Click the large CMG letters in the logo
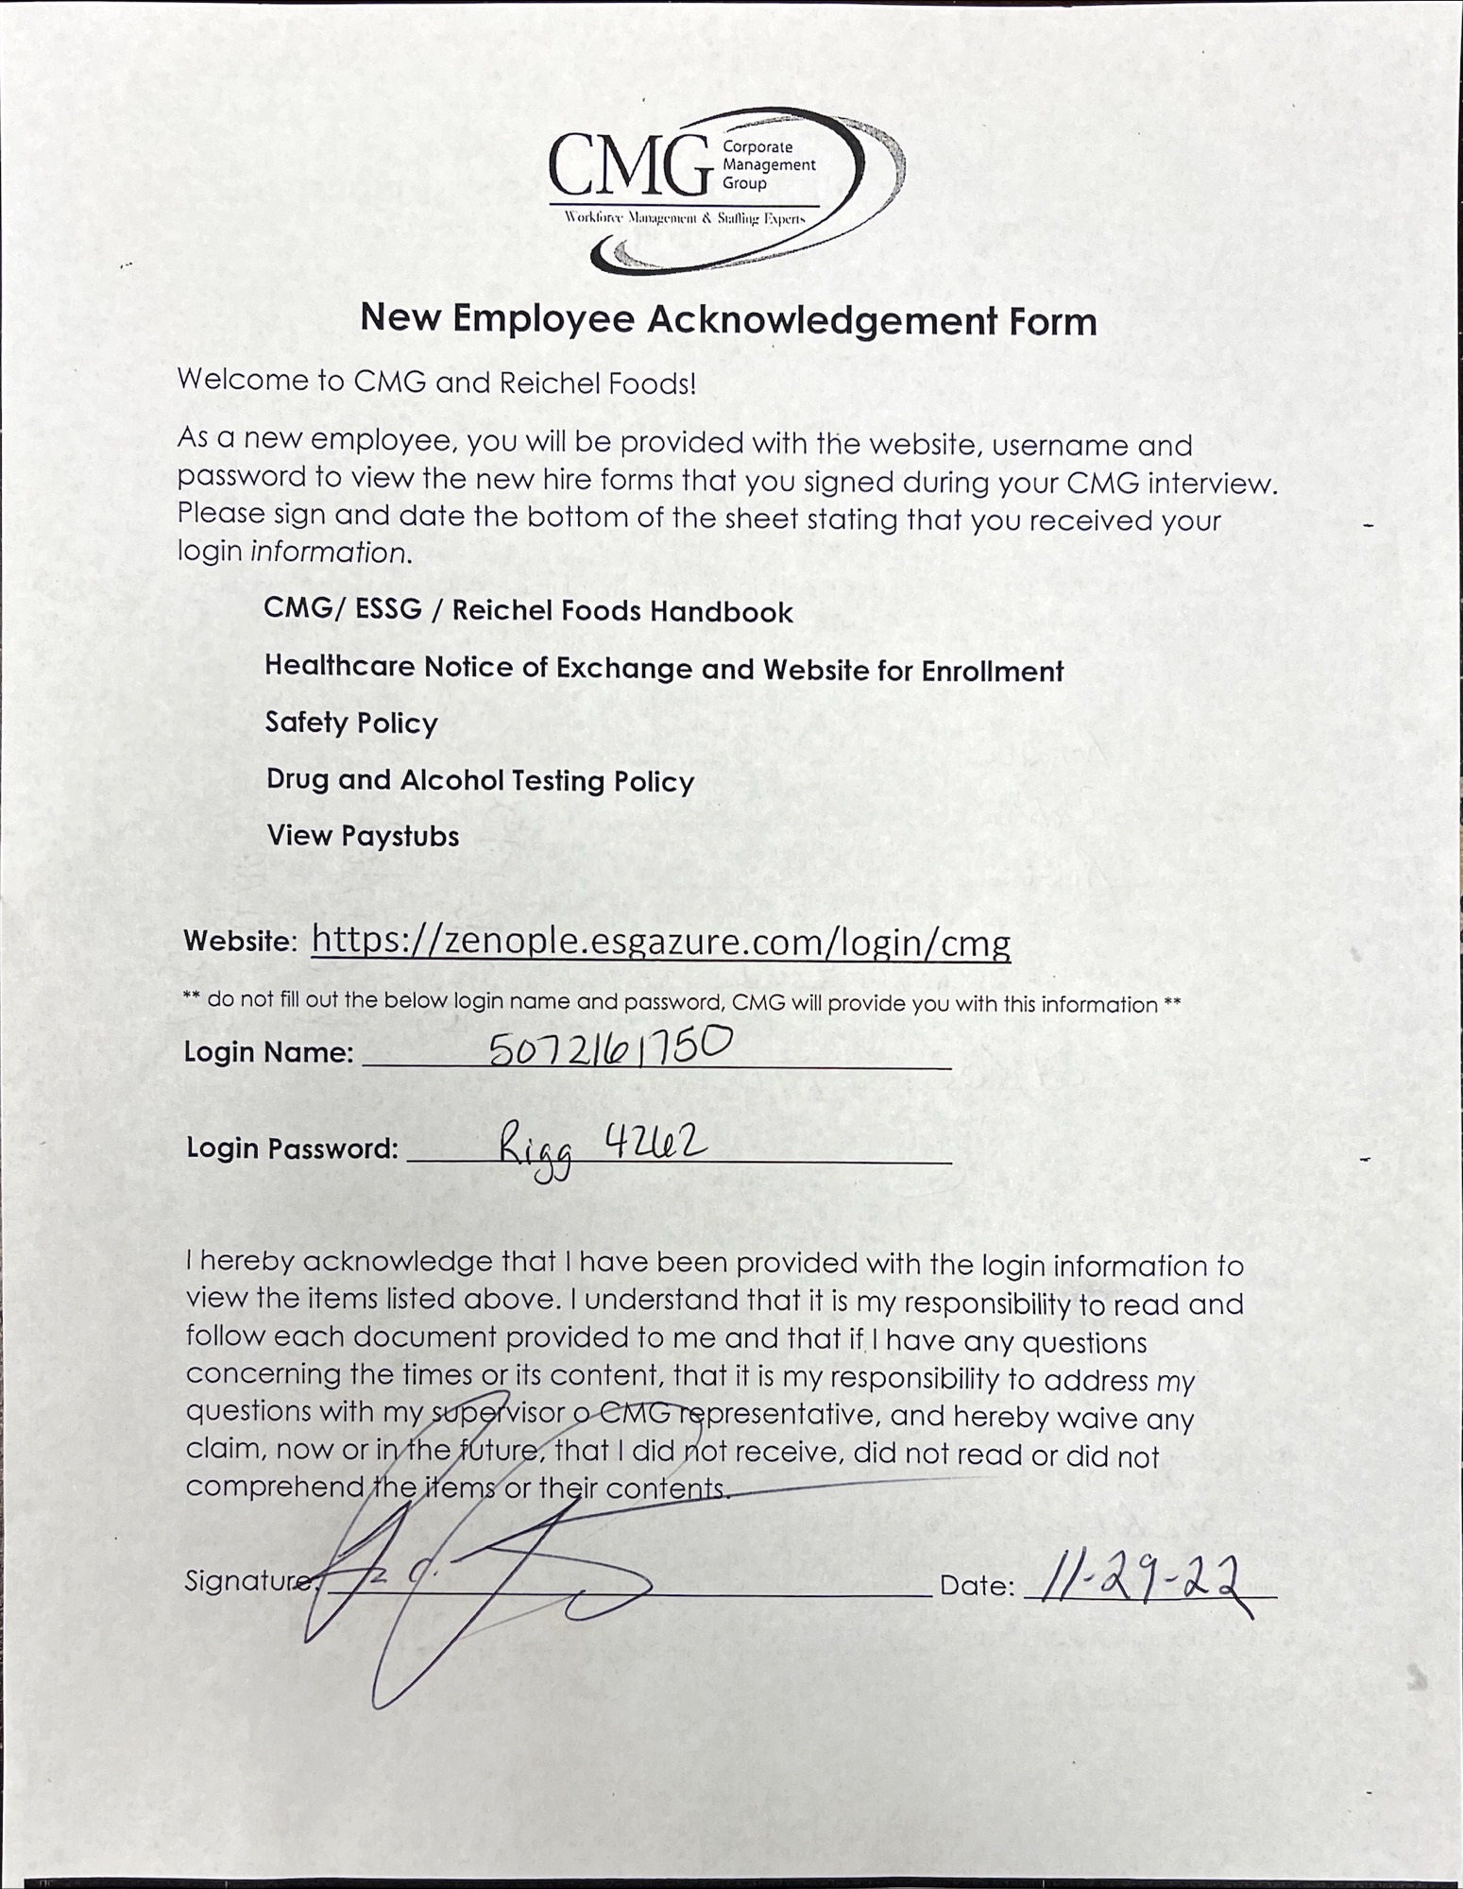(x=630, y=165)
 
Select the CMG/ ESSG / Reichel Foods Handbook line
(x=528, y=610)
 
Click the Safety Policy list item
(x=351, y=723)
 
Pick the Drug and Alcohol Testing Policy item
(x=480, y=780)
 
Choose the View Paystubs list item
(x=363, y=836)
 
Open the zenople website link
(x=660, y=941)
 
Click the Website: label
(x=241, y=941)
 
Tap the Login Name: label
(x=268, y=1052)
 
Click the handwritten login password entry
(x=603, y=1147)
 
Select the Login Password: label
(x=292, y=1149)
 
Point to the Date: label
(x=977, y=1586)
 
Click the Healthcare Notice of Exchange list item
(x=663, y=669)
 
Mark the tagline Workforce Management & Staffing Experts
(x=685, y=218)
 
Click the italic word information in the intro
(x=330, y=552)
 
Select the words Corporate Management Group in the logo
(x=768, y=164)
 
